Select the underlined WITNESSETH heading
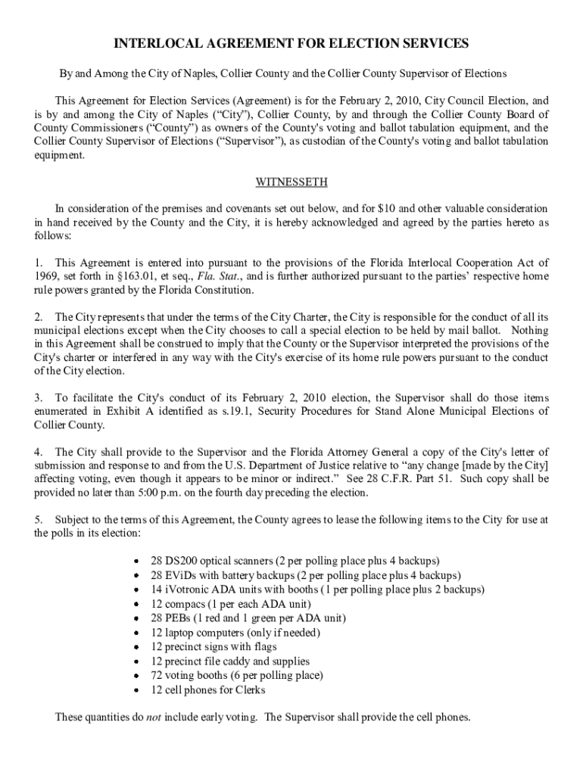pos(291,182)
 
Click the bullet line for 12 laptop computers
pos(235,633)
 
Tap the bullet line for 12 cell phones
pos(208,690)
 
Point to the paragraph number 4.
pos(37,452)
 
